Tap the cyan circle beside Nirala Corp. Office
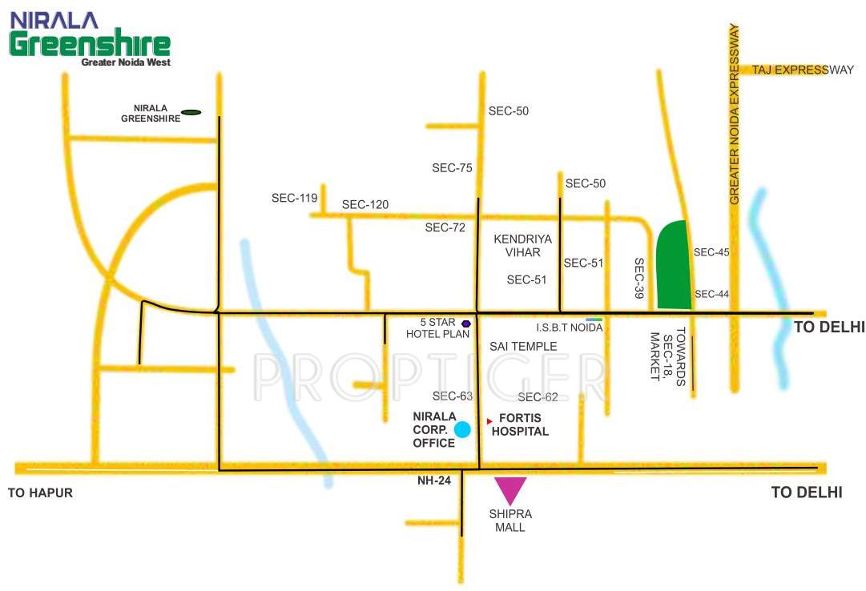462,430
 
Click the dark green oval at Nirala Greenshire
191,112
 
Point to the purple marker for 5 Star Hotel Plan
465,324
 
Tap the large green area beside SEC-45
674,265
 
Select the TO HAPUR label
40,493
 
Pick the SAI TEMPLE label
523,347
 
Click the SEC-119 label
295,198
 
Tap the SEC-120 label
365,205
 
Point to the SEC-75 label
453,168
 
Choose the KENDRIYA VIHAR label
518,245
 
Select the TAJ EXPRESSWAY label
803,70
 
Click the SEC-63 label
453,396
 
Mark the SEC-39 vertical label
639,278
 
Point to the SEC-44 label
711,294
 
